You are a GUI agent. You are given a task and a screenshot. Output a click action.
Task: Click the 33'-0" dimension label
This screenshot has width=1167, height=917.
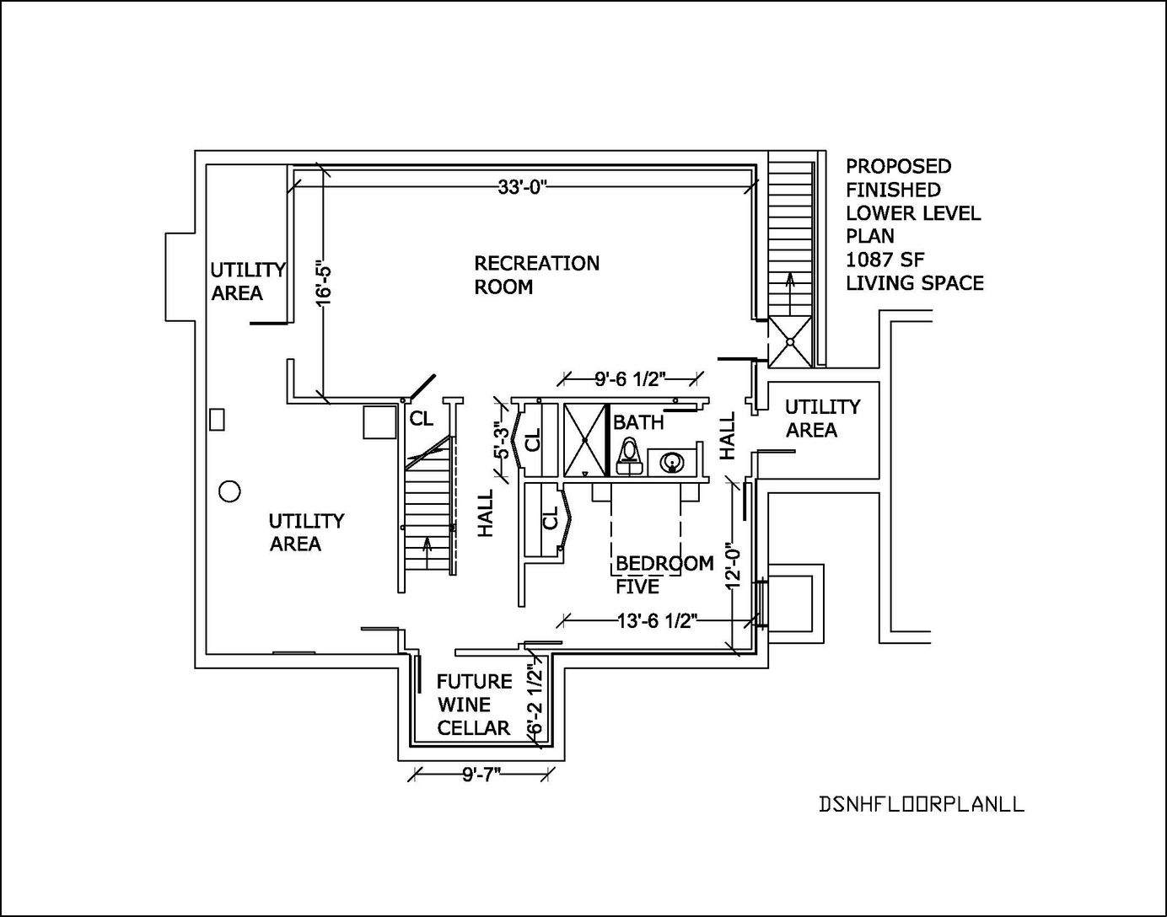pos(523,187)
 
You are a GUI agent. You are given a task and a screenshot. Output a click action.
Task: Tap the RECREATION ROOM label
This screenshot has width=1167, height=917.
pos(536,275)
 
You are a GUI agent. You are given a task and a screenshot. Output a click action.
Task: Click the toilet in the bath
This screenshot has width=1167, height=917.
pos(627,455)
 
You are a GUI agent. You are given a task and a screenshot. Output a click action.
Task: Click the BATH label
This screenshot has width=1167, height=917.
pos(638,421)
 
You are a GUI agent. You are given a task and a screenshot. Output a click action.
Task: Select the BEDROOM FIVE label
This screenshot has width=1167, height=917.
pos(664,574)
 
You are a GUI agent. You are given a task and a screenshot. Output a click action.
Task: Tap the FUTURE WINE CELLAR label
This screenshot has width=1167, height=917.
pos(474,705)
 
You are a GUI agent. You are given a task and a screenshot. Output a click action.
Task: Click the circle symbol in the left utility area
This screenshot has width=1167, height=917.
pos(229,491)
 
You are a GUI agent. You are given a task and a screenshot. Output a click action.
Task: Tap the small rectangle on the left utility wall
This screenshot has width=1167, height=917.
pos(218,420)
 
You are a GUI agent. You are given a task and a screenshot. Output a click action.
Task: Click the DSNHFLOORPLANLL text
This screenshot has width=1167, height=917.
pos(922,804)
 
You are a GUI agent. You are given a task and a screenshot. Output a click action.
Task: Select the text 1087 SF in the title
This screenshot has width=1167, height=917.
pos(885,260)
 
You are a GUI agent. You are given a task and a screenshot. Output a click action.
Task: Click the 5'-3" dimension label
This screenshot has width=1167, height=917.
pos(503,444)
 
